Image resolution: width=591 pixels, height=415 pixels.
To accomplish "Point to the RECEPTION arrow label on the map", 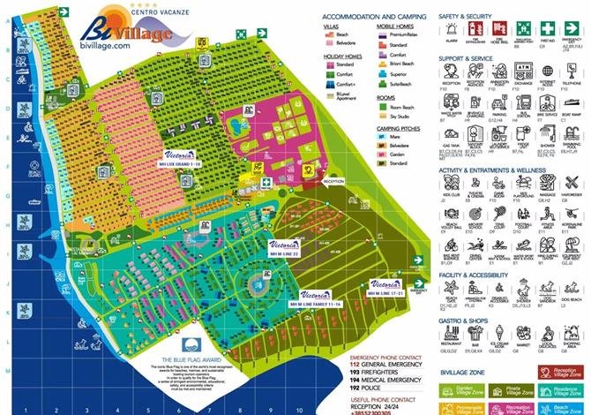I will (x=333, y=180).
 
